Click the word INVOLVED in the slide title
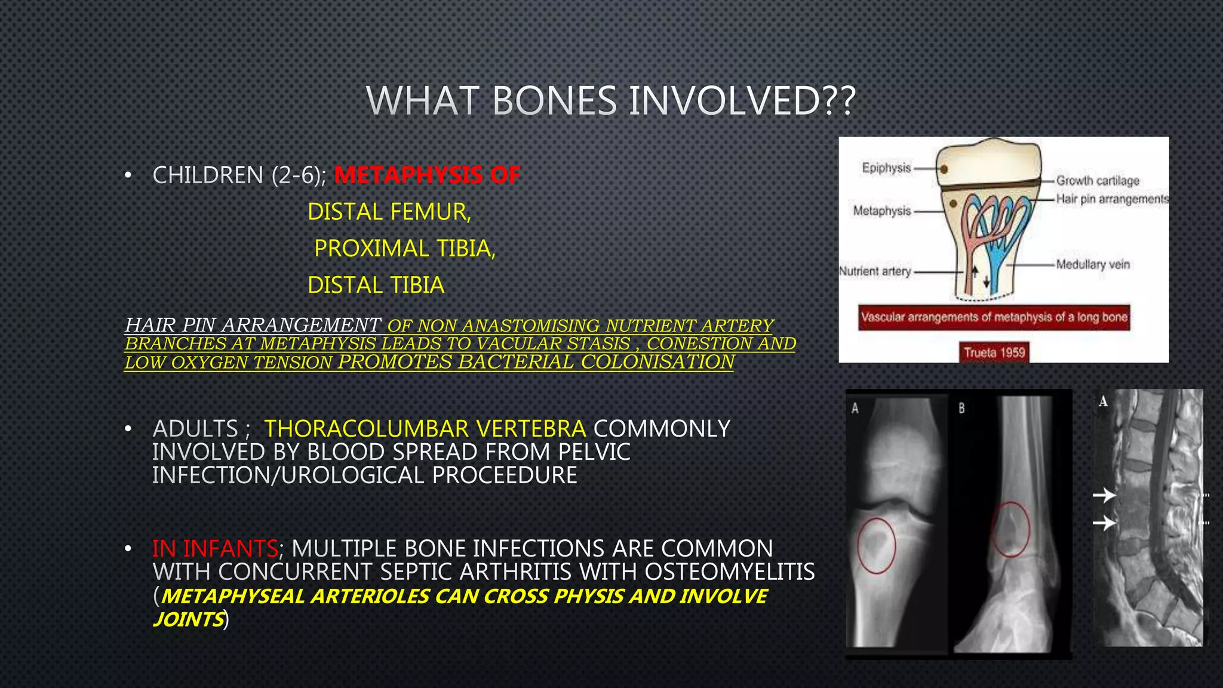(743, 101)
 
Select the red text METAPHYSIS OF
(428, 176)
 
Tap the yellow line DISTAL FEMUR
(389, 212)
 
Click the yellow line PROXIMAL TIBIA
(405, 248)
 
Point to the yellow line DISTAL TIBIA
(376, 285)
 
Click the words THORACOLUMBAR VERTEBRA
(425, 429)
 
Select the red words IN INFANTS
(215, 548)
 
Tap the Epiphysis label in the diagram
(886, 168)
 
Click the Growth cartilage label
(1098, 180)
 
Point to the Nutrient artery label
(875, 271)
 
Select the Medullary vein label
(1093, 264)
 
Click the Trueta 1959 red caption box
(994, 352)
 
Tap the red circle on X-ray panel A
(877, 546)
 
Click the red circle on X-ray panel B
(1010, 529)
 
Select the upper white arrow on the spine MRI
(1104, 495)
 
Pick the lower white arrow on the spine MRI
(1104, 523)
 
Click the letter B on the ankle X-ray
(961, 408)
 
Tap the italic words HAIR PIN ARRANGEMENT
(253, 325)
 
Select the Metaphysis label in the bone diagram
(882, 211)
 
